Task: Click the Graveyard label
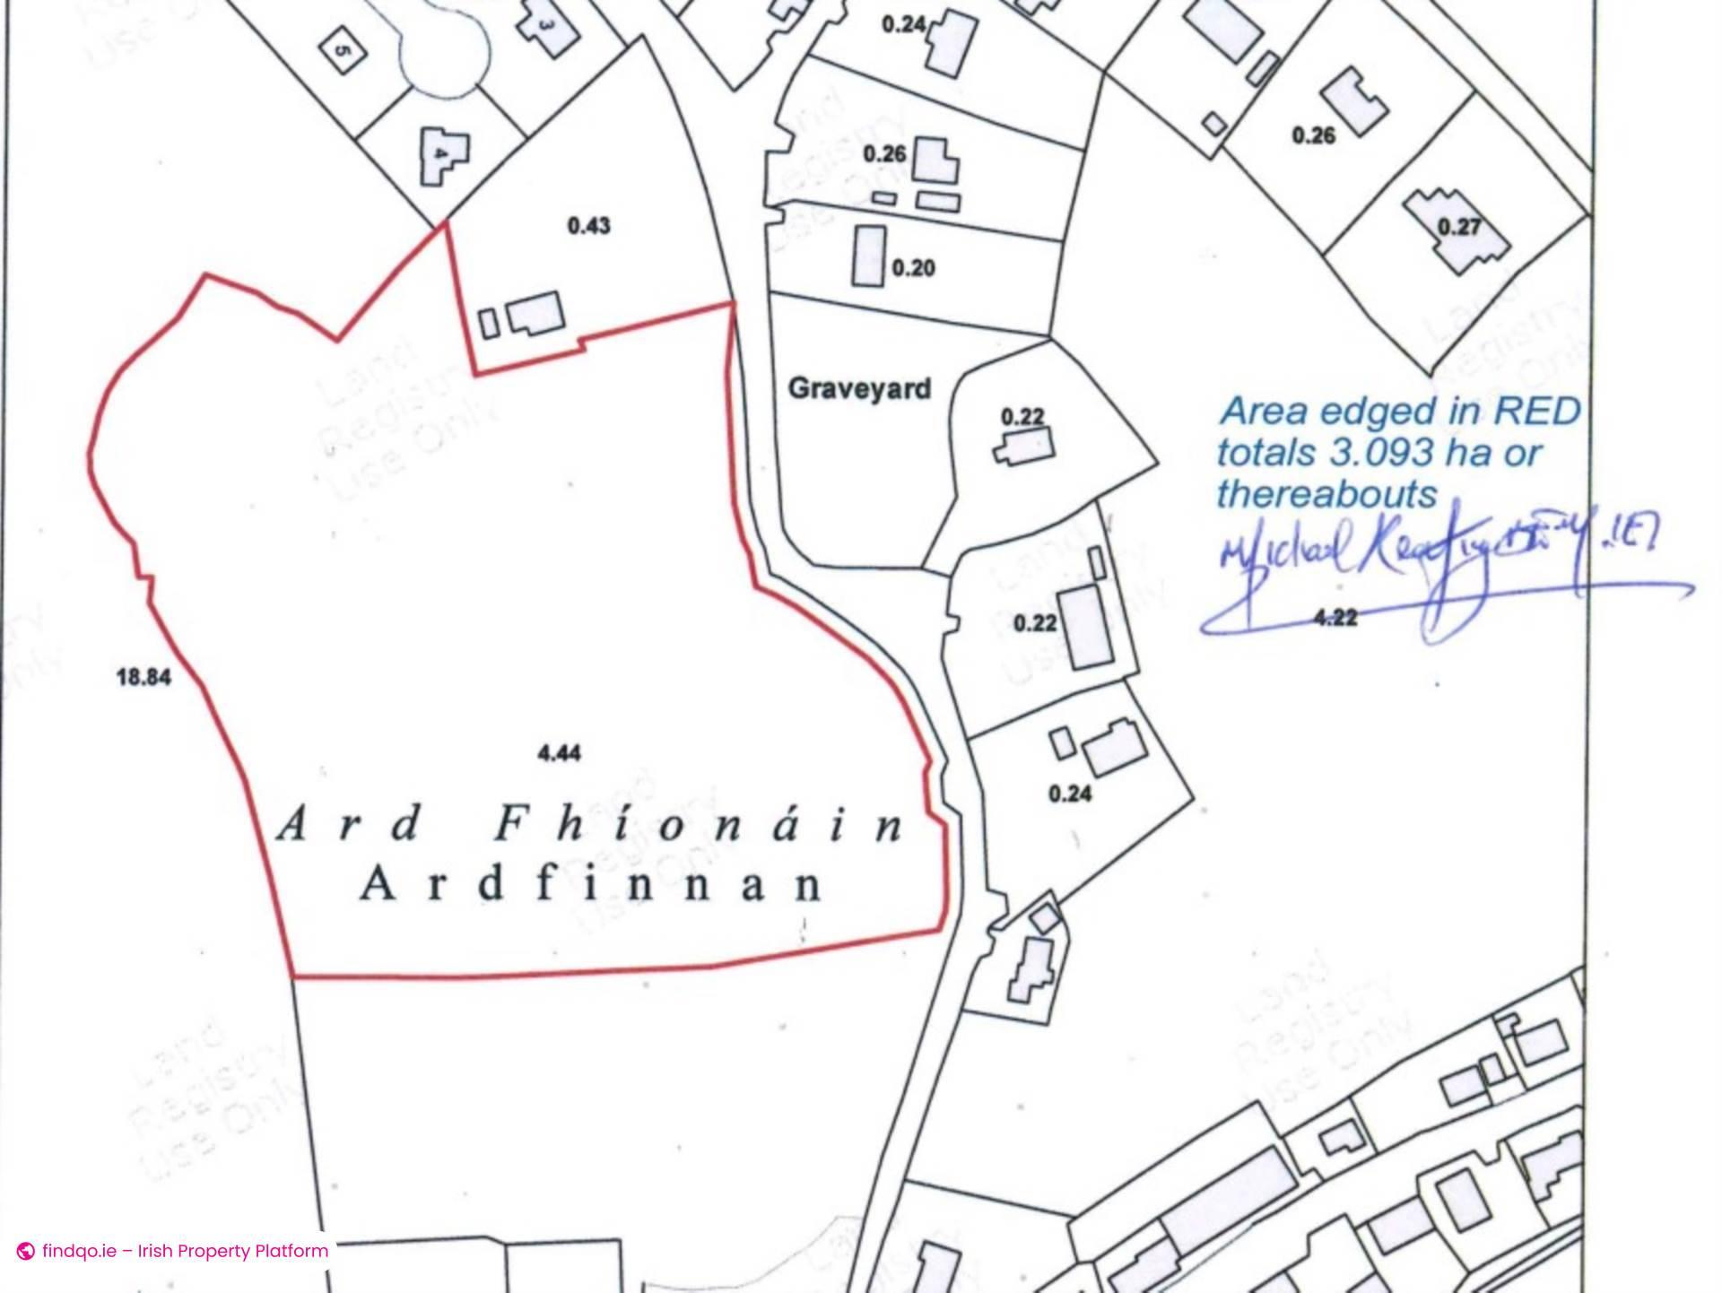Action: pyautogui.click(x=858, y=389)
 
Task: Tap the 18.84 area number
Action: pyautogui.click(x=143, y=677)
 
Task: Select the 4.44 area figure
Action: pyautogui.click(x=559, y=753)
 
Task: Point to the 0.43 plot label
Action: pyautogui.click(x=588, y=226)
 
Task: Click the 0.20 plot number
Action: pyautogui.click(x=913, y=268)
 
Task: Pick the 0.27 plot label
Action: pyautogui.click(x=1459, y=226)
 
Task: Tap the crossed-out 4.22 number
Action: pyautogui.click(x=1335, y=617)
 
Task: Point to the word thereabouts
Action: pyautogui.click(x=1326, y=494)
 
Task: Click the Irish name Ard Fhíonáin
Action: pyautogui.click(x=590, y=825)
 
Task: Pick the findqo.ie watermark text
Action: pyautogui.click(x=185, y=1251)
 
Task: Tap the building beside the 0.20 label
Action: pyautogui.click(x=868, y=256)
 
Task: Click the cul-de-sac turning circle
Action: pyautogui.click(x=445, y=49)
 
